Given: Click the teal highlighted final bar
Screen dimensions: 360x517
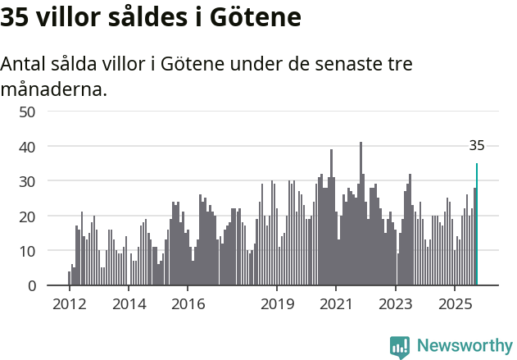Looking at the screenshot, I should [x=477, y=226].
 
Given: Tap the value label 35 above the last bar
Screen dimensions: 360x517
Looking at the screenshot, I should [x=477, y=146].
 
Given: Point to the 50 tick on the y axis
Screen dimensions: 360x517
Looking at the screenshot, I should [x=26, y=112].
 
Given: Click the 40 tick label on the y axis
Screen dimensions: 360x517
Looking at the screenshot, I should [x=26, y=146].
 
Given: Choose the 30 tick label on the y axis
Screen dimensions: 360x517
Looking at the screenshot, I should [x=26, y=181].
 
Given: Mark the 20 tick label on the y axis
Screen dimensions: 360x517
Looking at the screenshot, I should [x=26, y=216].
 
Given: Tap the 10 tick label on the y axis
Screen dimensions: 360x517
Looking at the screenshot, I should [x=26, y=251].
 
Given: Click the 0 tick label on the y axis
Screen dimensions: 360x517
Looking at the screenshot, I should [x=31, y=285].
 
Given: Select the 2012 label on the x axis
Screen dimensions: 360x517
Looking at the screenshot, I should [x=69, y=303].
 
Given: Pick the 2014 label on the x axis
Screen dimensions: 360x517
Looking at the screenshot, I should [x=129, y=303].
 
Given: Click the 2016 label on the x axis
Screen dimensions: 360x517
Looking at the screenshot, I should [x=188, y=303].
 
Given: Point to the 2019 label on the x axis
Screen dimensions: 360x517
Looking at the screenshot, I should [x=277, y=303].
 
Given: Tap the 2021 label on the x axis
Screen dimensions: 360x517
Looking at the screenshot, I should [x=337, y=303].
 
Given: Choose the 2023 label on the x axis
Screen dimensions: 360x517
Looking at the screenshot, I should [x=396, y=303].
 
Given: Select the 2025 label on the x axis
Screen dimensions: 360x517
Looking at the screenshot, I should [x=456, y=303].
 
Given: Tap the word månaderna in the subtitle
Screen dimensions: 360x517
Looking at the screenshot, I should [x=54, y=89].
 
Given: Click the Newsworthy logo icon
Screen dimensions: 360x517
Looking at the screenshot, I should [x=400, y=347].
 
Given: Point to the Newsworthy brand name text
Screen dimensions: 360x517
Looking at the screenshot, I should [x=465, y=346].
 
